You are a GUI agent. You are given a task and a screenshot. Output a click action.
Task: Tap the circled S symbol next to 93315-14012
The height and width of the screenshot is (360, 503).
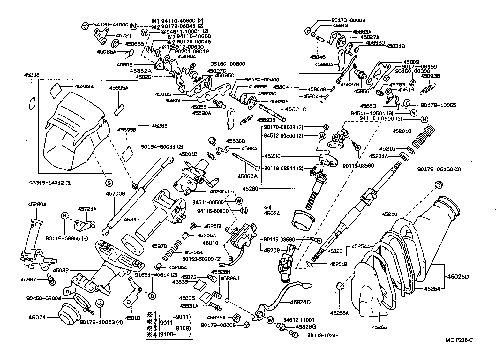click(x=109, y=183)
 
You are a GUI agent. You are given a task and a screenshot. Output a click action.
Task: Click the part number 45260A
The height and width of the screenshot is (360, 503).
click(x=37, y=204)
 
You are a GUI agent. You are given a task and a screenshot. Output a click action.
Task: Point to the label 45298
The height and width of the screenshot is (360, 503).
click(x=32, y=75)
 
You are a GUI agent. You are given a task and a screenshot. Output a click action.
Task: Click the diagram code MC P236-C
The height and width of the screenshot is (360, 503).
click(x=459, y=340)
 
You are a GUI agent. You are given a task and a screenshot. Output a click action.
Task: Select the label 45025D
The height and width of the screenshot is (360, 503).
click(x=458, y=276)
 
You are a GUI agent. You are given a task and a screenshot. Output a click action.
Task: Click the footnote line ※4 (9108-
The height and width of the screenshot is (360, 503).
click(x=169, y=334)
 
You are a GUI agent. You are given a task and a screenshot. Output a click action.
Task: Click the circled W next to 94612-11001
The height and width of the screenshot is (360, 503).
click(x=270, y=320)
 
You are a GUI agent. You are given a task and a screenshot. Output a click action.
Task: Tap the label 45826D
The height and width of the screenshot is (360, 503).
click(x=300, y=302)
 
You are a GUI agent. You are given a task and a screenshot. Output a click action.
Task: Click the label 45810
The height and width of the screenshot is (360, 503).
click(x=213, y=243)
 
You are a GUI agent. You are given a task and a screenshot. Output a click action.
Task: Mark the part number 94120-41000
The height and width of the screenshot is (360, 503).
click(x=111, y=25)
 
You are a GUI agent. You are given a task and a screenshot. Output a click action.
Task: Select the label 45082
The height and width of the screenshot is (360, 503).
click(x=61, y=270)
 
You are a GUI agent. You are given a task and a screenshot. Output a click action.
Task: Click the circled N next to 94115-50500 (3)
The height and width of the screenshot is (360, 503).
click(x=424, y=120)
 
